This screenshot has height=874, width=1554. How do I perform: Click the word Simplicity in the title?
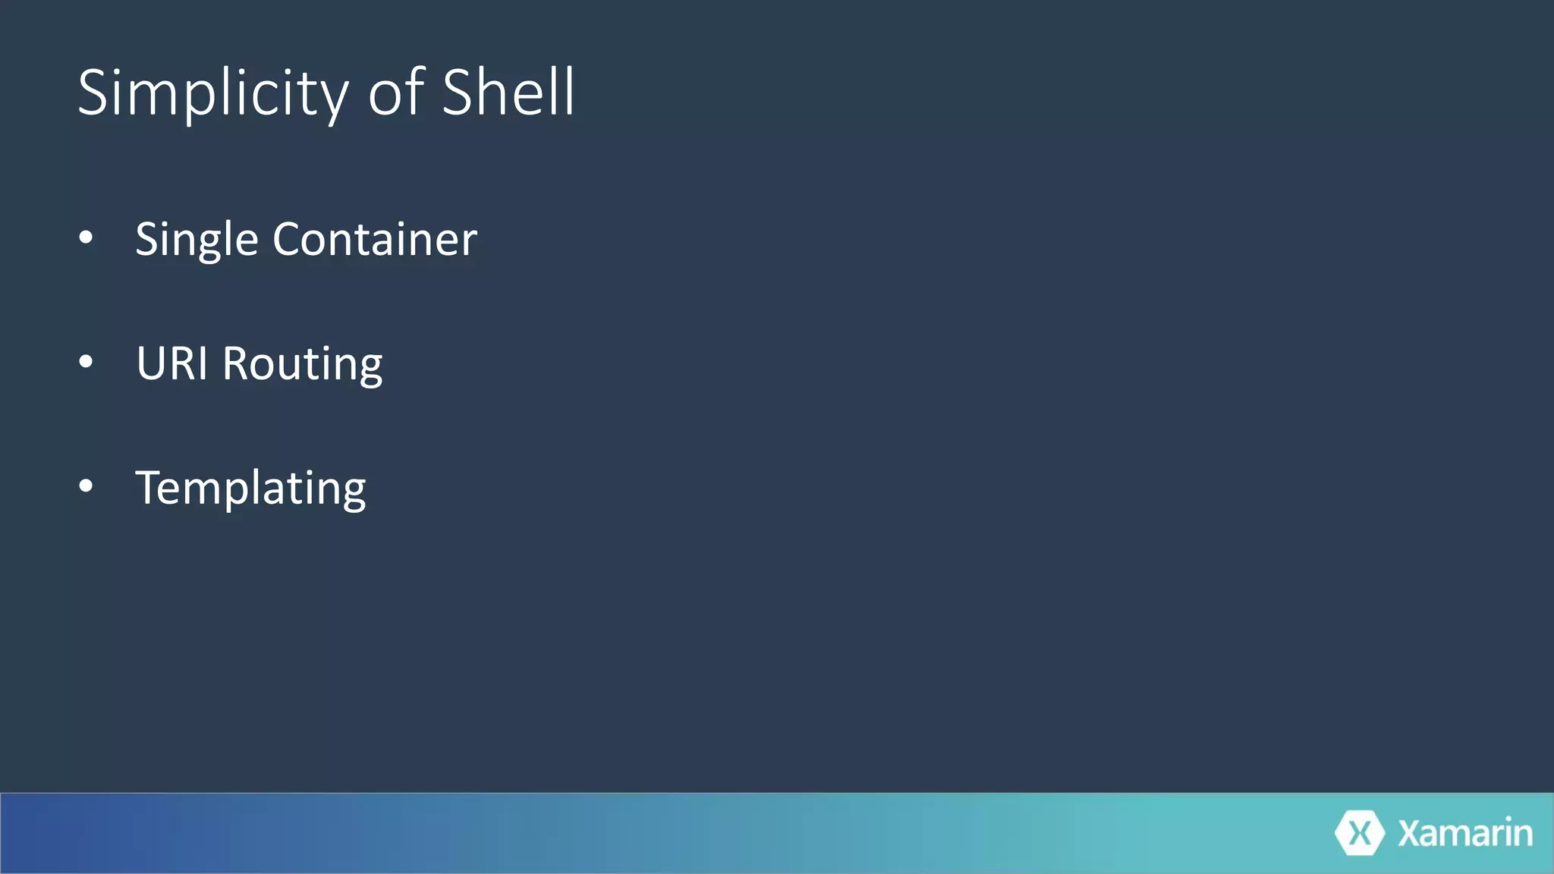pyautogui.click(x=213, y=93)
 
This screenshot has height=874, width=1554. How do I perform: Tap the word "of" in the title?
pyautogui.click(x=395, y=93)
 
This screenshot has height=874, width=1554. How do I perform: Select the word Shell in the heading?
pyautogui.click(x=508, y=93)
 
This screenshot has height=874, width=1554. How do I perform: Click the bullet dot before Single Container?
pyautogui.click(x=86, y=238)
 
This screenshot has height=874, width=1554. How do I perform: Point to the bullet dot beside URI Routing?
pyautogui.click(x=86, y=363)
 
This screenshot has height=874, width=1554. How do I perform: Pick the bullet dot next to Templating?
pyautogui.click(x=86, y=486)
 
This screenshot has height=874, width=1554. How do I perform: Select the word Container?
pyautogui.click(x=375, y=240)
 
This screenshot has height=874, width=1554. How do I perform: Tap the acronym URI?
pyautogui.click(x=171, y=363)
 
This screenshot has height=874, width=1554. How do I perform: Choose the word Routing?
pyautogui.click(x=302, y=365)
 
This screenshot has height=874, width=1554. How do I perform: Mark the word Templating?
pyautogui.click(x=250, y=489)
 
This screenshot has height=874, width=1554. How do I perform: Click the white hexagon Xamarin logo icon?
pyautogui.click(x=1359, y=833)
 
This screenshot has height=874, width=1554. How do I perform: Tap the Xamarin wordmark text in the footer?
pyautogui.click(x=1465, y=833)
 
